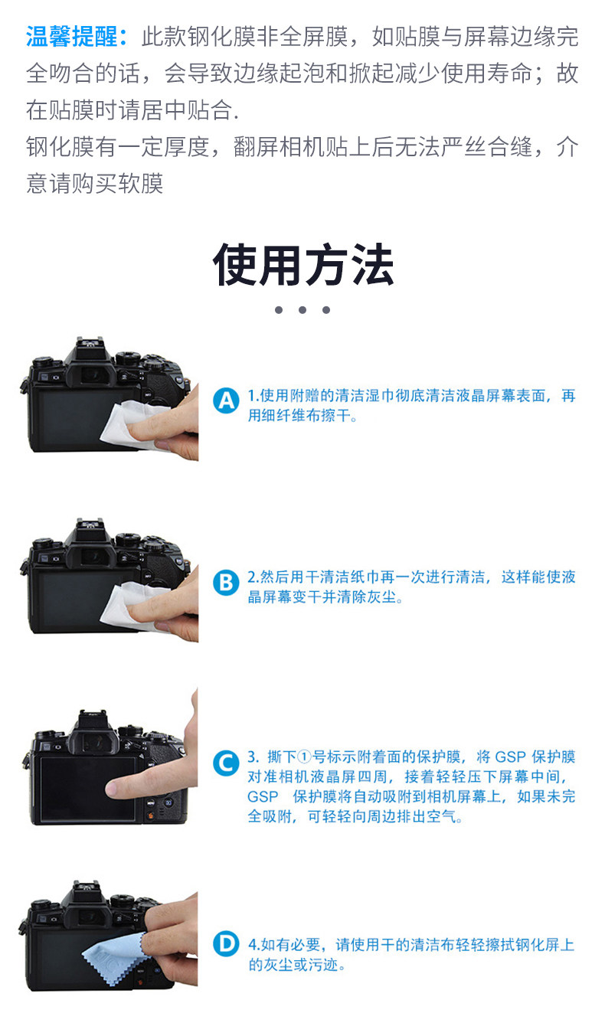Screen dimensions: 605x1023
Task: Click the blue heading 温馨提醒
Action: [x=72, y=37]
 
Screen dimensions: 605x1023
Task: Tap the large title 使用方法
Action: [x=303, y=264]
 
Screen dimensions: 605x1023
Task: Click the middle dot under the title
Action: [x=302, y=310]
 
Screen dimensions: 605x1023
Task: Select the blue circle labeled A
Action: [x=226, y=400]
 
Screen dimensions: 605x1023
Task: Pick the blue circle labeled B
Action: [x=226, y=583]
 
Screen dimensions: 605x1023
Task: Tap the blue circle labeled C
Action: [x=226, y=763]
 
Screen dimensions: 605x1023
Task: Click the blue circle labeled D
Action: [x=226, y=944]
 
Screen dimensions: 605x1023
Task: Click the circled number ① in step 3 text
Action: [x=304, y=757]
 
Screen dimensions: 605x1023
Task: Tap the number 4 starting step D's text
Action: [x=252, y=944]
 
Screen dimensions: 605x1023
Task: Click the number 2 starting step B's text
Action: [x=252, y=577]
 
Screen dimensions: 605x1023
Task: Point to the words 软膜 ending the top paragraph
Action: [x=141, y=184]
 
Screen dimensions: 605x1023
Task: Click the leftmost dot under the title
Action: [x=279, y=310]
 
